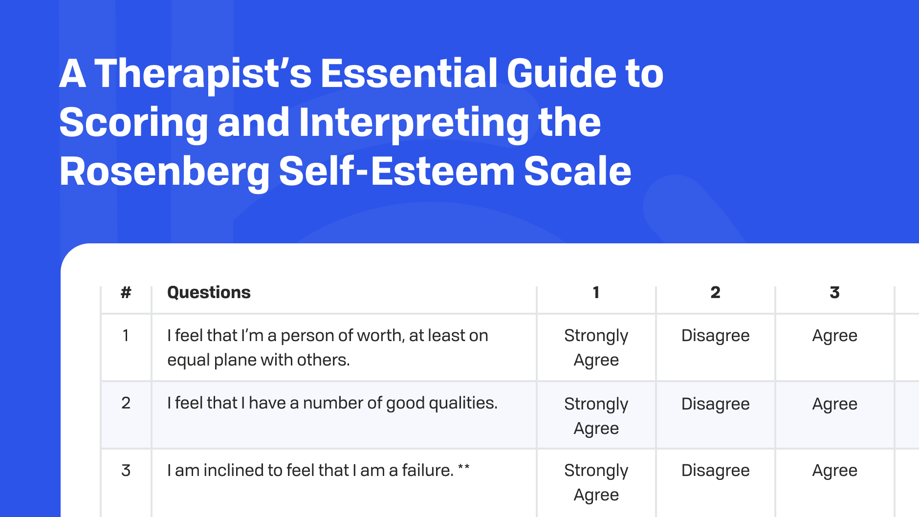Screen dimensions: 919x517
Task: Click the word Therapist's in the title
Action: pos(203,74)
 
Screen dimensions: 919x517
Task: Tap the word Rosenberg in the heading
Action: pos(164,172)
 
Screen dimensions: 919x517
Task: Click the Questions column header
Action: pos(209,292)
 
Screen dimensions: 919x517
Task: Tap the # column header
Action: pos(126,292)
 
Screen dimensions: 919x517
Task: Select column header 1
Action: pos(596,292)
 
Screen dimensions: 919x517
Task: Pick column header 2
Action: pos(715,292)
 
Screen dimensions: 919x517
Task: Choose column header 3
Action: pos(834,292)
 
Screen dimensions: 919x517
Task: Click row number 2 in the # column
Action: pos(126,403)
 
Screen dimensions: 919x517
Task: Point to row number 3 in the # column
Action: pos(126,470)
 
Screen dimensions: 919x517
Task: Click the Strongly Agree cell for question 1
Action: pos(596,347)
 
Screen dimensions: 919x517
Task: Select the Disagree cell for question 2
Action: pos(715,404)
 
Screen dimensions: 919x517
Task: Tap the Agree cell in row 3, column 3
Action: pos(834,471)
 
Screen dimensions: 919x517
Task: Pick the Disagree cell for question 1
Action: pos(715,336)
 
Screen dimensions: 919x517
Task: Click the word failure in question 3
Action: pos(428,470)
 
